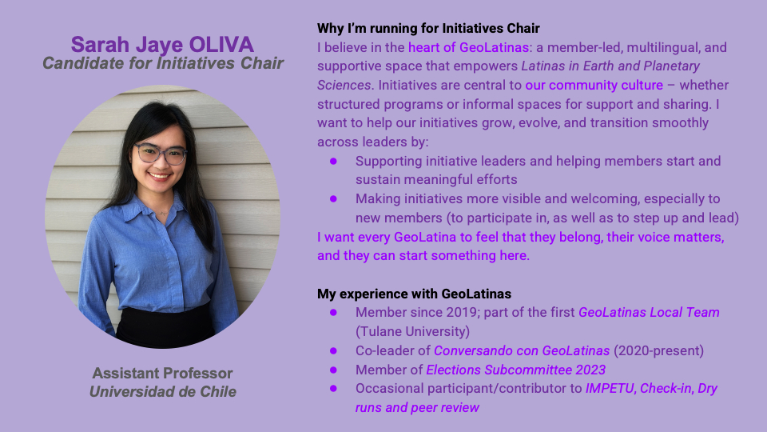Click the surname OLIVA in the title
[221, 45]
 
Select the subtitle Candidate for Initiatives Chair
[163, 63]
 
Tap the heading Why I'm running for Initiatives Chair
[428, 29]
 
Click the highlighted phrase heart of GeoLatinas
[469, 47]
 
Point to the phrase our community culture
[594, 86]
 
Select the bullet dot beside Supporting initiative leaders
[334, 161]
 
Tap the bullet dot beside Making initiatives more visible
[334, 199]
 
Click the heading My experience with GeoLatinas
[415, 294]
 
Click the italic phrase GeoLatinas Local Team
[649, 313]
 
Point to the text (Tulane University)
[413, 331]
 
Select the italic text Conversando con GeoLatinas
[522, 350]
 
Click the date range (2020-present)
[659, 350]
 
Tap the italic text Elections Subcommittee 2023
[516, 370]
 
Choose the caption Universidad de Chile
[163, 392]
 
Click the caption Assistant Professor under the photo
[163, 374]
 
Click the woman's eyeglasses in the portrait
[161, 154]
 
